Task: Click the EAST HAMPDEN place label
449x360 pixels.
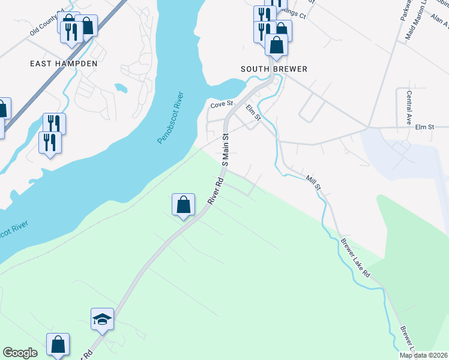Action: pos(64,62)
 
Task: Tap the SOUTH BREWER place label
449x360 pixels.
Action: pos(274,69)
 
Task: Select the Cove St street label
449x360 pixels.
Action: pos(221,105)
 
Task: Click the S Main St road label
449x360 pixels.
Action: pos(227,149)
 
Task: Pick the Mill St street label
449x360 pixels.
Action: pos(314,182)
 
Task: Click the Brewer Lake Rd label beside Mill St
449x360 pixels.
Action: pos(356,257)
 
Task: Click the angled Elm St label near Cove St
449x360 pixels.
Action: pos(253,112)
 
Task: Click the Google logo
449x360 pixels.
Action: pos(20,353)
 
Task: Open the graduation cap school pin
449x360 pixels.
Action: pos(102,319)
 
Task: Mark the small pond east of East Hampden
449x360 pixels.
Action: pos(121,88)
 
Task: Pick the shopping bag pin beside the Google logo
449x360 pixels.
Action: pos(58,345)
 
